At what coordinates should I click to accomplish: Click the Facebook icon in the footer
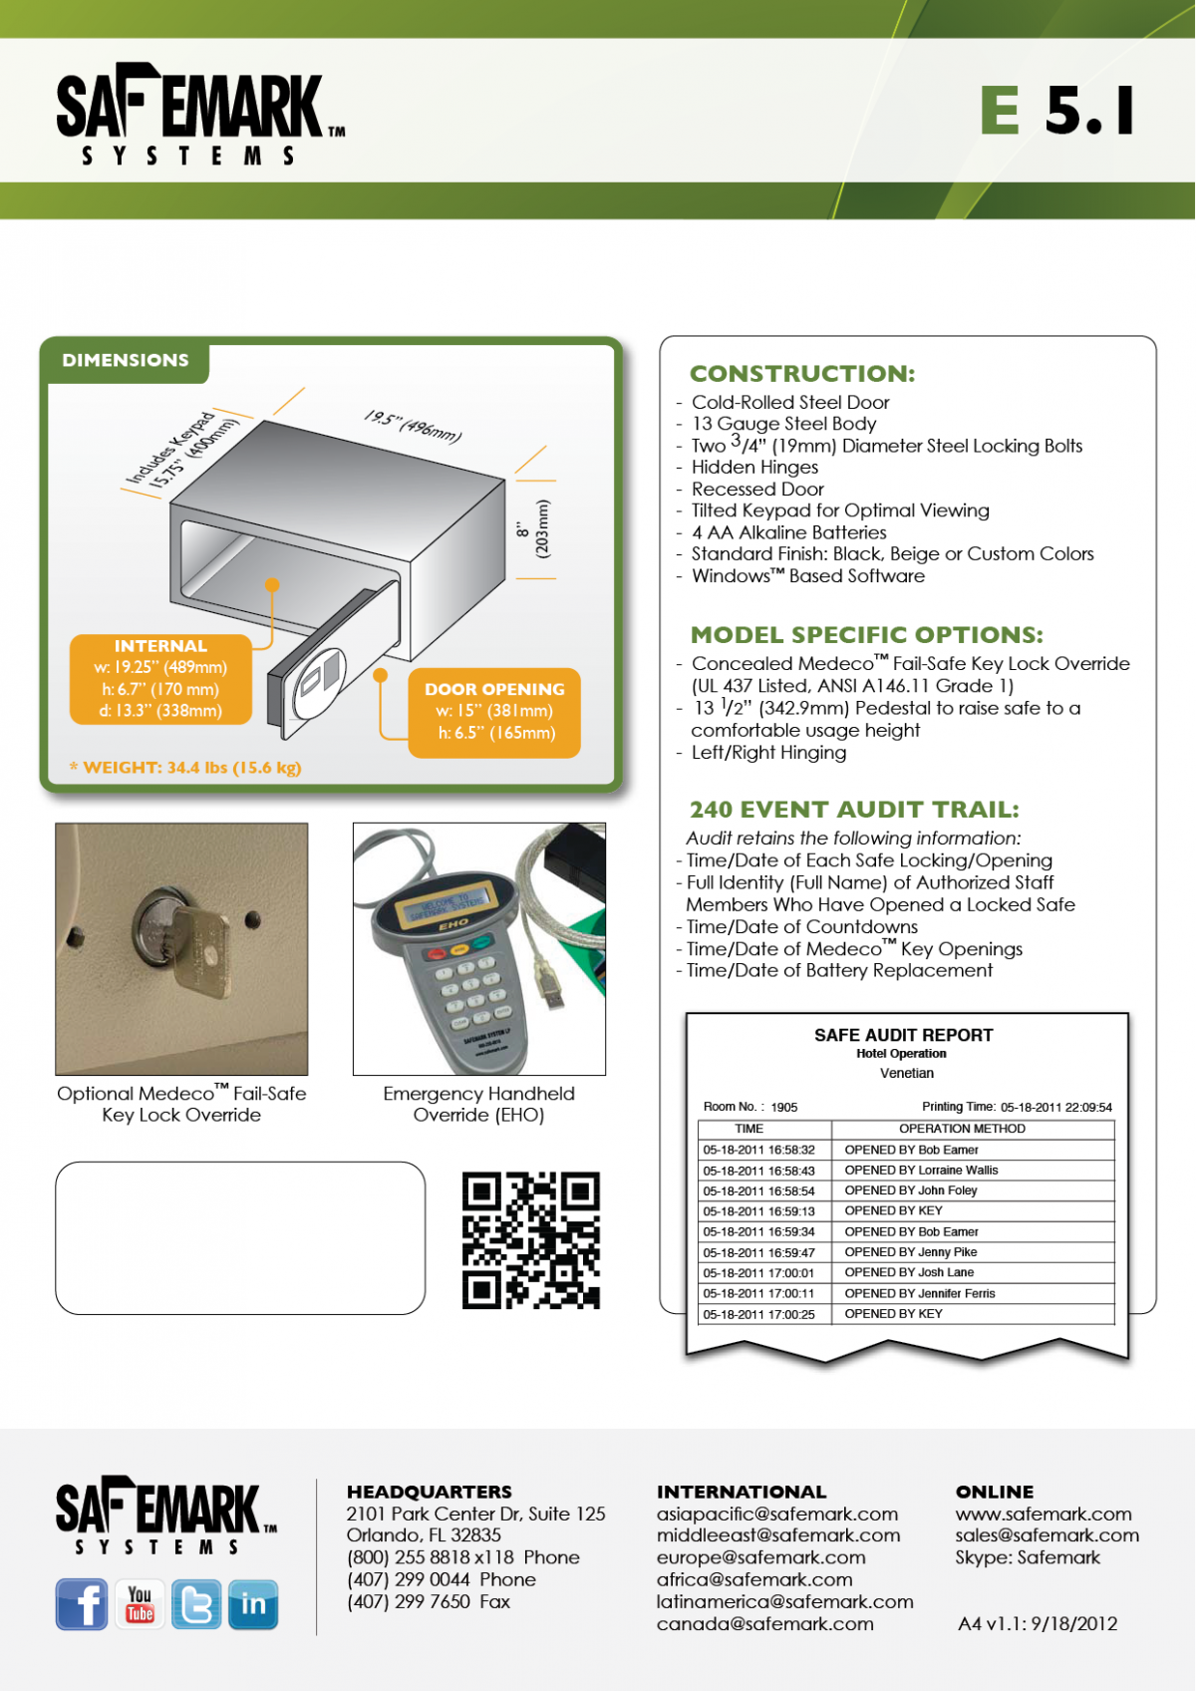82,1604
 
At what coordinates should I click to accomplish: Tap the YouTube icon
140,1604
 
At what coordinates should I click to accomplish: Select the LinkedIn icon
253,1604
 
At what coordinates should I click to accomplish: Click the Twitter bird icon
196,1604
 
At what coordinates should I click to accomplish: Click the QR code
531,1240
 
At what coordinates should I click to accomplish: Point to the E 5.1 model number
1057,110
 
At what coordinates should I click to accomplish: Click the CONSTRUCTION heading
802,374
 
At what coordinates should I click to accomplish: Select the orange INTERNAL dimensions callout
160,679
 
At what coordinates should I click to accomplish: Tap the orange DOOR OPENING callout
494,712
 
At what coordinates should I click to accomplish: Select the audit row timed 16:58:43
905,1171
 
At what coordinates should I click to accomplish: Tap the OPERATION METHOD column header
962,1129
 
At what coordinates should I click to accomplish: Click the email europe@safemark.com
760,1557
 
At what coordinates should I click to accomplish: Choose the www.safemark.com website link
1044,1514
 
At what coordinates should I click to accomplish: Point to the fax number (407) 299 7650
429,1601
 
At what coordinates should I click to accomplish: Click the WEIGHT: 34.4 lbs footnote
185,768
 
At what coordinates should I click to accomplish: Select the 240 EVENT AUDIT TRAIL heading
854,810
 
